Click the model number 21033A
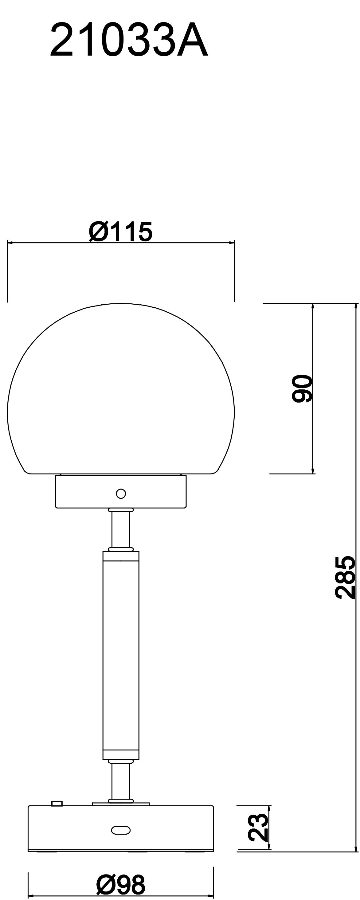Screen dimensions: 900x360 (129, 41)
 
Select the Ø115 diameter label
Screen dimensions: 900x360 (121, 232)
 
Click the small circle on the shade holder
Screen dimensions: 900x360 (121, 494)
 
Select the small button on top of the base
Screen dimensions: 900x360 (57, 804)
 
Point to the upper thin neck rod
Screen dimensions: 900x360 (121, 530)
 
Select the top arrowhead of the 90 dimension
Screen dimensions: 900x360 (313, 306)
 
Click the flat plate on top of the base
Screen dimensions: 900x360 (121, 804)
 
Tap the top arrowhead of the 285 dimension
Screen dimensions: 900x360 (356, 306)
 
